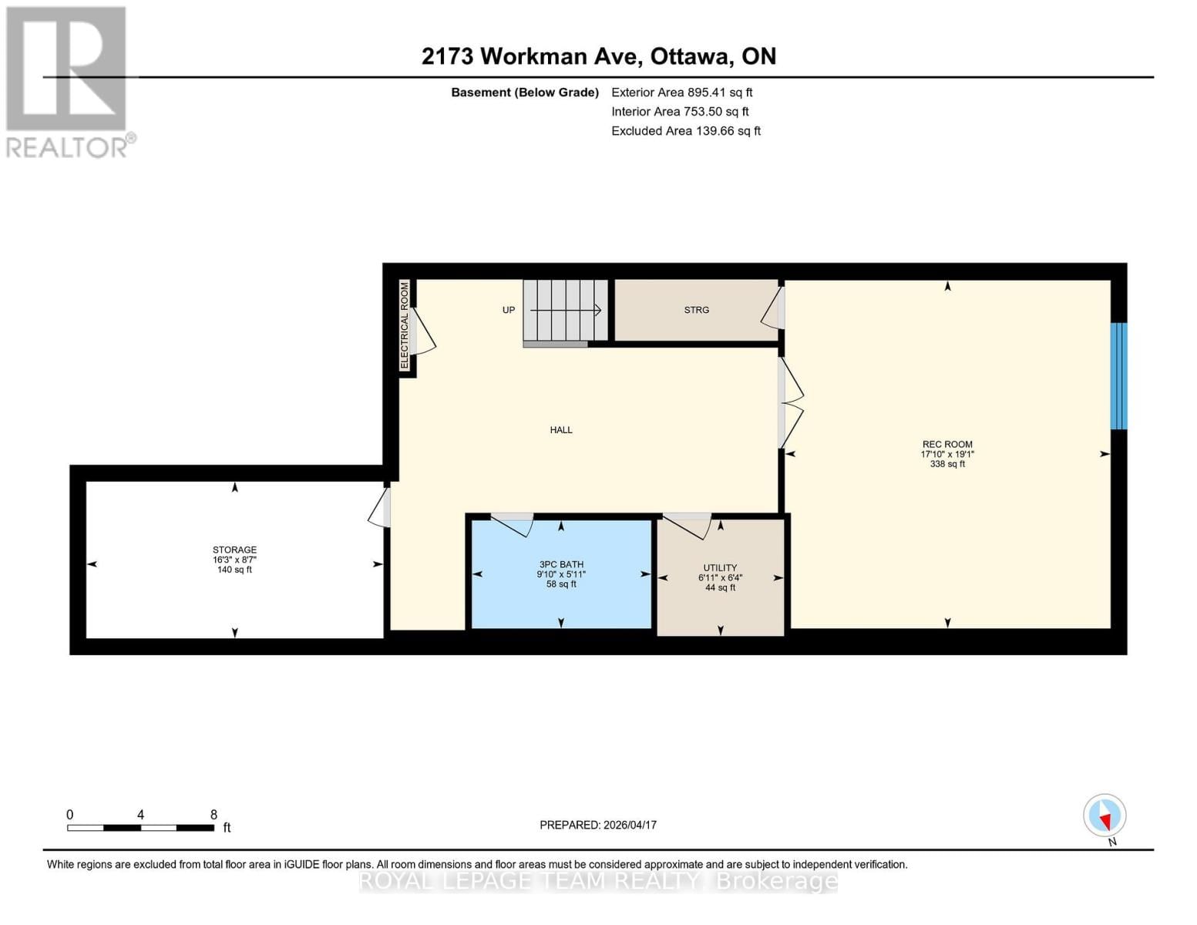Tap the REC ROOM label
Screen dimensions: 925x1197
click(x=947, y=445)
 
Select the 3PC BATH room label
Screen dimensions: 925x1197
click(x=561, y=565)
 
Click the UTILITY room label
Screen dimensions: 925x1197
click(x=720, y=568)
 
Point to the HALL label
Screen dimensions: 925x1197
click(x=561, y=430)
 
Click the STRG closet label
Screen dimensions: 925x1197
click(x=696, y=310)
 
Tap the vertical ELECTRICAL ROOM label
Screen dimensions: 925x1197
click(x=405, y=325)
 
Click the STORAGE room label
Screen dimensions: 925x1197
click(x=234, y=550)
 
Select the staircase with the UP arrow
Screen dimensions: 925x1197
click(x=565, y=310)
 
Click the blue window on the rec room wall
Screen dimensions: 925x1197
click(x=1118, y=375)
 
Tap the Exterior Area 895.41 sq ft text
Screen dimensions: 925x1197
click(x=681, y=92)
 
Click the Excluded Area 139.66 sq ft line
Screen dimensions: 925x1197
click(x=685, y=131)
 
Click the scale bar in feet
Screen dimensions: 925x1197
click(x=140, y=827)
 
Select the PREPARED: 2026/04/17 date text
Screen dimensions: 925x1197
click(x=598, y=825)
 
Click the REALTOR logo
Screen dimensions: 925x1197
click(x=68, y=82)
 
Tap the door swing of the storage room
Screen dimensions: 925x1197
click(x=378, y=506)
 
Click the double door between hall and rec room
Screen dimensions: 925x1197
click(x=791, y=402)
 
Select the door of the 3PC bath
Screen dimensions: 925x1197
click(x=513, y=523)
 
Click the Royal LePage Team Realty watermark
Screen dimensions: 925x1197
click(x=598, y=881)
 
